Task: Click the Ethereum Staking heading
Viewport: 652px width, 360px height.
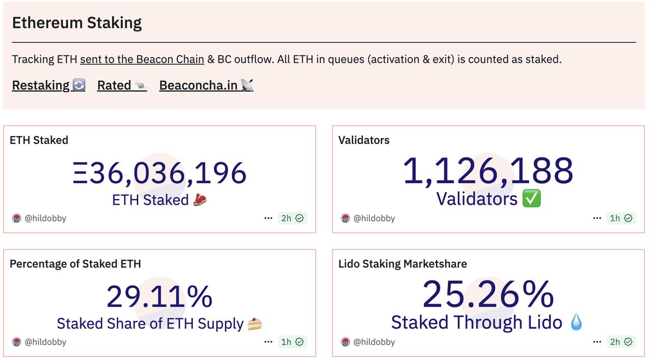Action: point(77,23)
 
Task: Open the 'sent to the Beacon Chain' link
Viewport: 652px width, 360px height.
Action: point(142,59)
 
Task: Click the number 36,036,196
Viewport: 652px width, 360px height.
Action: point(159,173)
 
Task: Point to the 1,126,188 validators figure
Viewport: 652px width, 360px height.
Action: point(488,171)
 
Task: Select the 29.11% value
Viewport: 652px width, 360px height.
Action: point(159,296)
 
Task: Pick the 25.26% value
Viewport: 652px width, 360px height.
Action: point(488,294)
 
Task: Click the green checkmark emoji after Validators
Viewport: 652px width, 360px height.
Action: point(532,199)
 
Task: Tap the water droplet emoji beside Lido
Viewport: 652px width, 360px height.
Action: point(576,322)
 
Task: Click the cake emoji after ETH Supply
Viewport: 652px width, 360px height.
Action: point(255,324)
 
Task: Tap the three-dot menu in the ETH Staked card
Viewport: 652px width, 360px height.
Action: point(268,218)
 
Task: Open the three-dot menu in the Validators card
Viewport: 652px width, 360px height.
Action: point(597,218)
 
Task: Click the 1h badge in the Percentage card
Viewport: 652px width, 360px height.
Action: point(292,342)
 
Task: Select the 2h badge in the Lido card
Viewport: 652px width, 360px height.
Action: point(621,342)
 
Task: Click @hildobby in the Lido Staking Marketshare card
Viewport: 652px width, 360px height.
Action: point(374,342)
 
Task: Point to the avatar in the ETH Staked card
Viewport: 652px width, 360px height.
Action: point(17,218)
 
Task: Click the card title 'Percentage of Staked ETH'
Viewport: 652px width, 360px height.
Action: point(75,264)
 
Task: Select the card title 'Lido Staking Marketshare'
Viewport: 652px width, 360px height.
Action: point(402,264)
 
